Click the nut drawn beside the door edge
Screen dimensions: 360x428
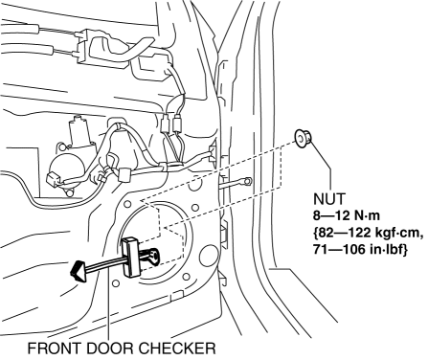click(303, 140)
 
